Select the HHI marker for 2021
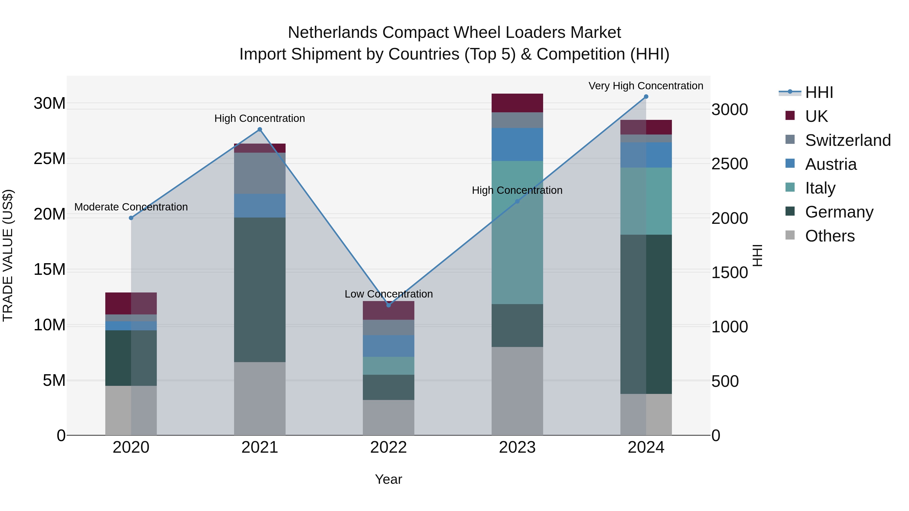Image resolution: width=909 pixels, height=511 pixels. (x=260, y=129)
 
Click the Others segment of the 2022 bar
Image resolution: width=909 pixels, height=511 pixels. (x=389, y=418)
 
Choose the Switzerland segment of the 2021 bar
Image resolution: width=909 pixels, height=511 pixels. (x=260, y=173)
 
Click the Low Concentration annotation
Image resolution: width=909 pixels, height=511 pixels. (x=389, y=294)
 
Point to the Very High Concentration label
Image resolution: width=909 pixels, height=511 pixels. (x=645, y=86)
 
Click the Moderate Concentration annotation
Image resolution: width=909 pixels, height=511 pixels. (x=131, y=207)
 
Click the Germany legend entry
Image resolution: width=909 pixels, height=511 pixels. (x=839, y=212)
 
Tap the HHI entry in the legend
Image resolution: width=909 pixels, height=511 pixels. (x=819, y=92)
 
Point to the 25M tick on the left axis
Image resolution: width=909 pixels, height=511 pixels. (x=49, y=159)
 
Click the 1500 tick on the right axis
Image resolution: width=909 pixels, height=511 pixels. (x=729, y=273)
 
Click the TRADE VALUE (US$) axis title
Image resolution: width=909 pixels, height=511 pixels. (x=8, y=255)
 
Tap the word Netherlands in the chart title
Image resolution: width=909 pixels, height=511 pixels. (x=333, y=33)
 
